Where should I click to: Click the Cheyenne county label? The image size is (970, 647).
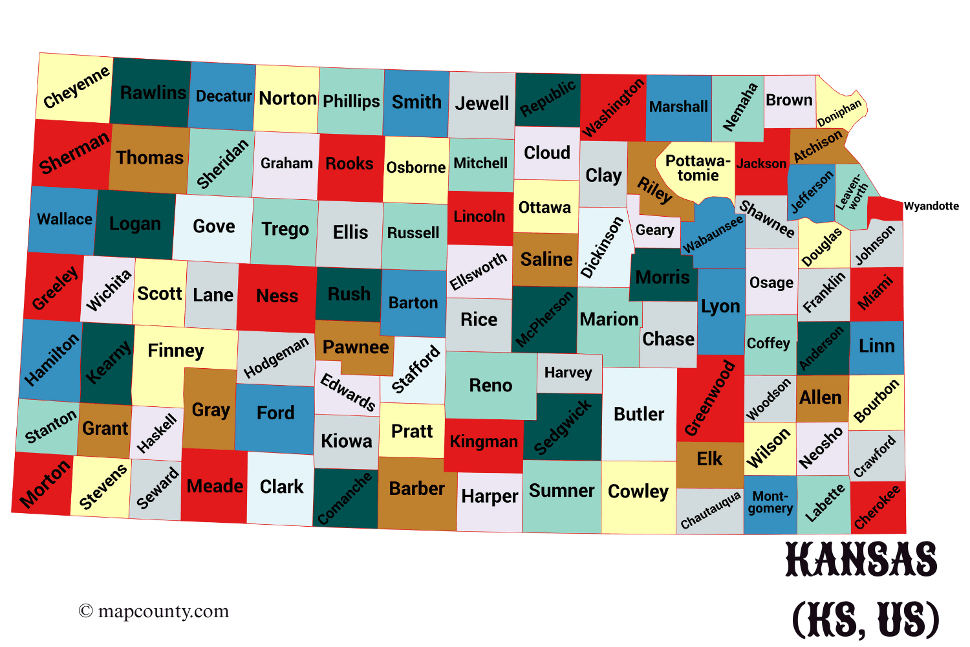click(x=76, y=88)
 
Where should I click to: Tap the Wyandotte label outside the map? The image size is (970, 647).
click(x=931, y=206)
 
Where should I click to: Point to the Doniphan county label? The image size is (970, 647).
click(x=839, y=113)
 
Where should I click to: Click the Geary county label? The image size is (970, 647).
click(x=654, y=230)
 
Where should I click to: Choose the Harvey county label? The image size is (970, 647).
click(x=568, y=372)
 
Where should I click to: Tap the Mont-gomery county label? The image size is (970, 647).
click(x=770, y=502)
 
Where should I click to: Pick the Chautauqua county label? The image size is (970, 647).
click(x=710, y=510)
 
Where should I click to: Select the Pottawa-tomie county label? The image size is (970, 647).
click(x=698, y=168)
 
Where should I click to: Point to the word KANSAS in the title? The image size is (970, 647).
click(x=861, y=560)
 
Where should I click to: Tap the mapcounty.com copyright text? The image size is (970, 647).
click(x=154, y=611)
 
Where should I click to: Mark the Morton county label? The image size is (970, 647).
click(x=44, y=484)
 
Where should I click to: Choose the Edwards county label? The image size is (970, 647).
click(x=348, y=392)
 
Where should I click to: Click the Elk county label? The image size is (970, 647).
click(x=709, y=459)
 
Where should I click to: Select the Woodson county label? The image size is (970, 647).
click(x=768, y=399)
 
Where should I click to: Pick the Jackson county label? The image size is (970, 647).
click(x=761, y=164)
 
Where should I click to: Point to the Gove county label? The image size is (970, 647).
click(x=213, y=226)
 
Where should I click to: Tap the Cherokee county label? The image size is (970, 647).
click(x=877, y=508)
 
